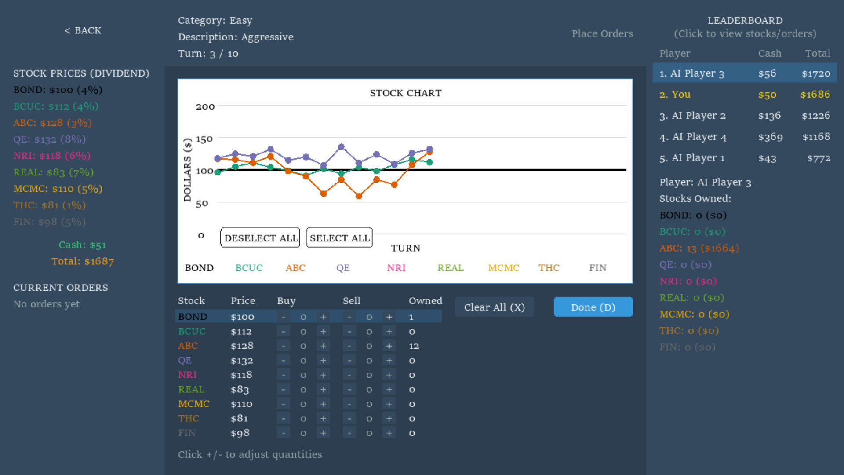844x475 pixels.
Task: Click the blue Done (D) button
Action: coord(593,307)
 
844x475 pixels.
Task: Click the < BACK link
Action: coord(83,30)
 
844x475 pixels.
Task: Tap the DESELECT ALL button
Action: coord(260,237)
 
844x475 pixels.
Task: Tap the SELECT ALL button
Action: coord(339,237)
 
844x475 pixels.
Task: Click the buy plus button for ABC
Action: coord(323,346)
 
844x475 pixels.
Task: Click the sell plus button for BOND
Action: coord(389,317)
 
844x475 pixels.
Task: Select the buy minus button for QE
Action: coord(284,361)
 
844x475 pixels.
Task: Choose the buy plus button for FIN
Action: coord(323,433)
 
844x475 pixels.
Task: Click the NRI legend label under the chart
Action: coord(396,268)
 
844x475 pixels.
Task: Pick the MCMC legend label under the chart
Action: coord(504,268)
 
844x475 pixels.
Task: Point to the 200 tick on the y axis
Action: coord(205,106)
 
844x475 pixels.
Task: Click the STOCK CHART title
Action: coord(405,93)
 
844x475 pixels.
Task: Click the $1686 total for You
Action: coord(815,95)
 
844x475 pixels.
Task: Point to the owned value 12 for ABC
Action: coord(414,346)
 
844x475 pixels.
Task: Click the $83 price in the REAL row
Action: coord(240,390)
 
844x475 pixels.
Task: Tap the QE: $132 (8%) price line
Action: coord(50,139)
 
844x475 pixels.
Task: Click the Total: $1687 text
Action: coord(83,261)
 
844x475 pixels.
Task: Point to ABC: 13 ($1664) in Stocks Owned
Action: coord(699,248)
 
